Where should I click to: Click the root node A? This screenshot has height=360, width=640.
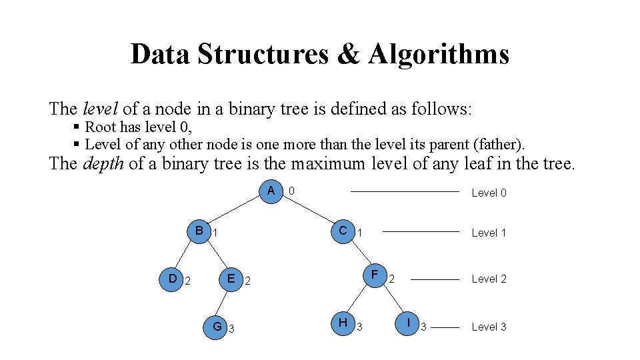271,191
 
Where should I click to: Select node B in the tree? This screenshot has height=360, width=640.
199,231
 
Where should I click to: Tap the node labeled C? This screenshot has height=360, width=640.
343,231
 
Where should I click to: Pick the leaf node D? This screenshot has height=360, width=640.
172,279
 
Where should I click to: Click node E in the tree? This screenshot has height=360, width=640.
231,279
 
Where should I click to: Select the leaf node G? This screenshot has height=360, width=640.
217,326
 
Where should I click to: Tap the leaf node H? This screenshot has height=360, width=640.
343,323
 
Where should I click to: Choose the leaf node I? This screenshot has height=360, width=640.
407,323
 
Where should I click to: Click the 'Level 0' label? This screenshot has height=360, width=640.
489,193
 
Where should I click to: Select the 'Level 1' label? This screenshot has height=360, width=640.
489,233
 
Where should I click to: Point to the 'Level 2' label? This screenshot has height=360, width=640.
489,279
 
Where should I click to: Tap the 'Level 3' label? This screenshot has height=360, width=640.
489,327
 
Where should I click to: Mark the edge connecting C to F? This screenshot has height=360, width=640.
360,254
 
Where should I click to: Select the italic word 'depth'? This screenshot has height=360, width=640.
103,163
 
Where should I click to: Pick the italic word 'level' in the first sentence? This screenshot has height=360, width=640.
99,109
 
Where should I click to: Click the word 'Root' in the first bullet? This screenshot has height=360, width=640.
101,127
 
